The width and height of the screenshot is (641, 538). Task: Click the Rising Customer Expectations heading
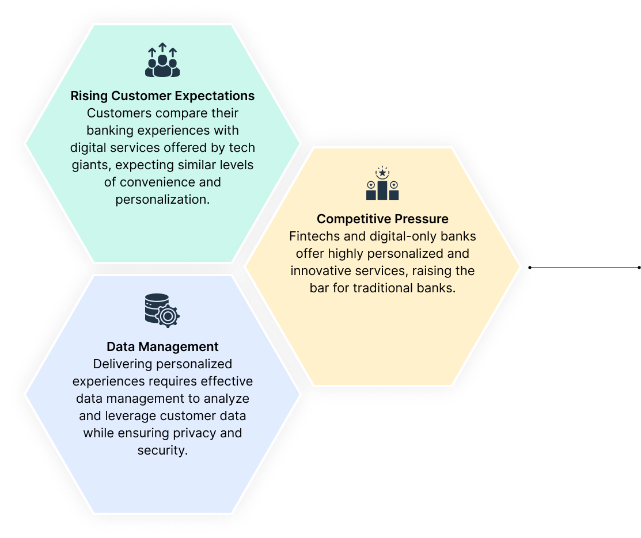(x=162, y=96)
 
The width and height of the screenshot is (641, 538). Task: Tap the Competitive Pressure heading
(x=382, y=219)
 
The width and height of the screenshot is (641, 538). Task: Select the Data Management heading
(x=162, y=347)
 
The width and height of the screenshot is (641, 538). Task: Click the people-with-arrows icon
(x=162, y=60)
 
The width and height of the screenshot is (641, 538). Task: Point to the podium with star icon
(x=382, y=183)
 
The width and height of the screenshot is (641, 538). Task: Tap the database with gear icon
(x=162, y=311)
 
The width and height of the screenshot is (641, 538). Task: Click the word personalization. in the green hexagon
(x=162, y=199)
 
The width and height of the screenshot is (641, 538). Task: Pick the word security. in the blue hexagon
(x=162, y=450)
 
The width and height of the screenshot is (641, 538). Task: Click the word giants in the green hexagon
(x=92, y=166)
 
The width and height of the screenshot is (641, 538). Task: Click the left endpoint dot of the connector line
(x=530, y=268)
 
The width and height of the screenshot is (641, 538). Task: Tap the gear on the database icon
(x=168, y=316)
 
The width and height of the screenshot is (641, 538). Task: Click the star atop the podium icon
(x=382, y=173)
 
